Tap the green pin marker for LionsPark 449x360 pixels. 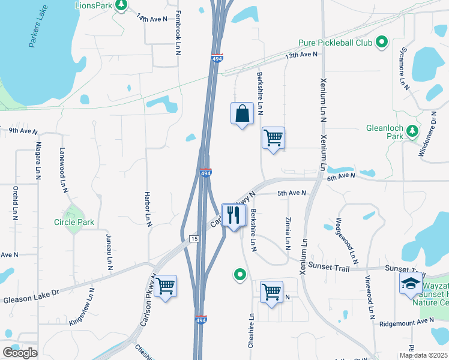[122, 5]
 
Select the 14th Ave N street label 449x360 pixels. [151, 19]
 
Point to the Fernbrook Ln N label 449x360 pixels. [178, 33]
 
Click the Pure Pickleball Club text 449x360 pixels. [334, 43]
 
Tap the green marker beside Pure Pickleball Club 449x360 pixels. [381, 42]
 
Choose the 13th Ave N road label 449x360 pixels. [301, 55]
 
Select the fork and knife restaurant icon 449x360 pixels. [234, 215]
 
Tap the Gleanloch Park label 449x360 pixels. [385, 132]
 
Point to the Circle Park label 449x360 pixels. [74, 223]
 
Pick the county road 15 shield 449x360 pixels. [194, 239]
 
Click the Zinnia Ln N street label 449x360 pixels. [288, 232]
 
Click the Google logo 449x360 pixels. [20, 353]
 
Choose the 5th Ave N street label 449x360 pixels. [292, 193]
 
